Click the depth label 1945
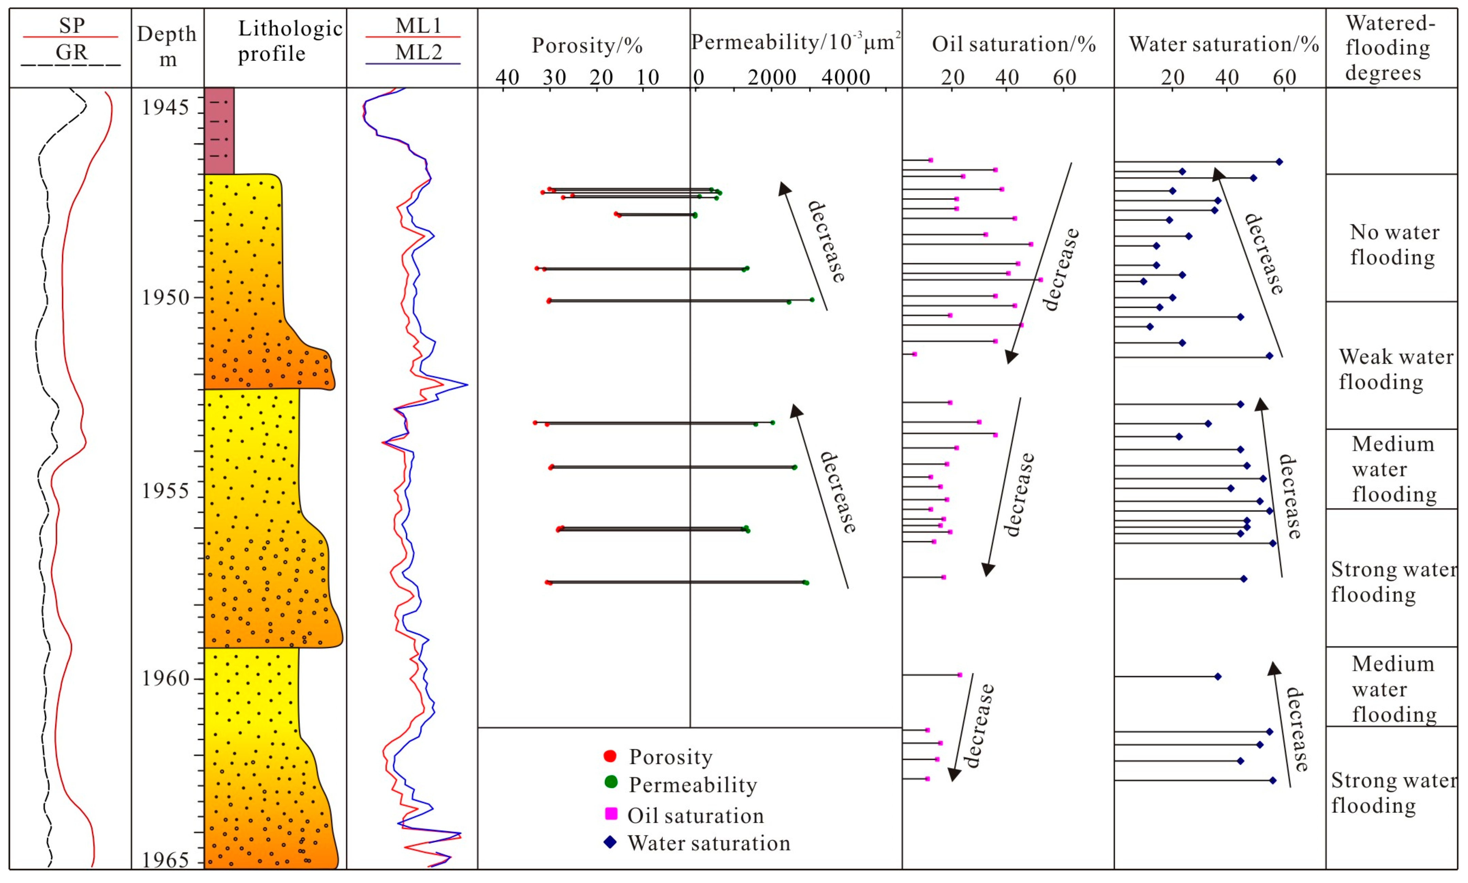click(x=165, y=108)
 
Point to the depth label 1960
click(x=165, y=678)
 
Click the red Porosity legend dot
click(x=609, y=756)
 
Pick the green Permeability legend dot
click(x=611, y=782)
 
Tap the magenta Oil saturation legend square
click(x=611, y=813)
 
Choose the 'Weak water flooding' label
click(x=1395, y=369)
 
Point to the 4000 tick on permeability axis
click(x=845, y=77)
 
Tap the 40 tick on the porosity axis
click(x=507, y=77)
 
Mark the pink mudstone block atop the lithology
click(x=219, y=131)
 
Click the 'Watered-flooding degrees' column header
click(x=1390, y=48)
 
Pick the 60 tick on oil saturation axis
click(x=1064, y=77)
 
